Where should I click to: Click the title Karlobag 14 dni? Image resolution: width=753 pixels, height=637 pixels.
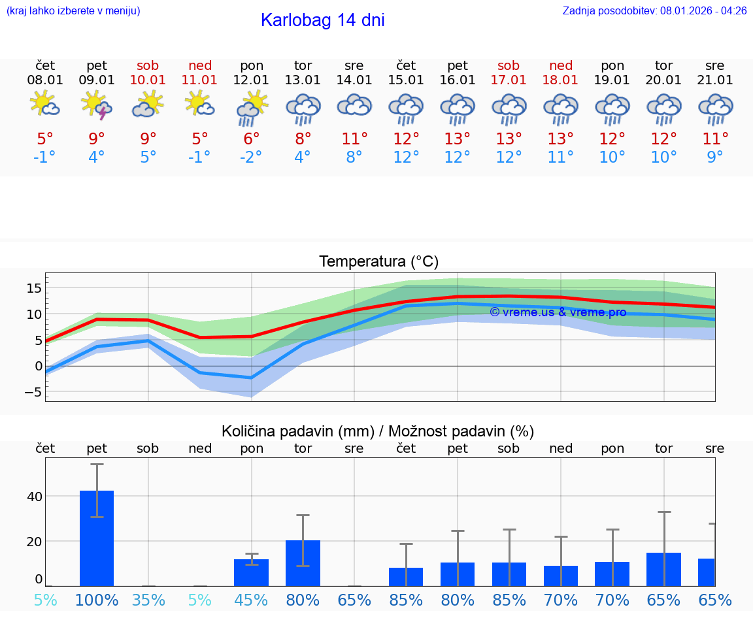pyautogui.click(x=322, y=20)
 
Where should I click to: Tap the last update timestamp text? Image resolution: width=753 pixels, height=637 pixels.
pyautogui.click(x=654, y=11)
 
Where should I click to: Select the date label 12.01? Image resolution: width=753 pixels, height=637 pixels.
pyautogui.click(x=251, y=80)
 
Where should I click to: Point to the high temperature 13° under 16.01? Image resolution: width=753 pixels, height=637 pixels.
pyautogui.click(x=458, y=139)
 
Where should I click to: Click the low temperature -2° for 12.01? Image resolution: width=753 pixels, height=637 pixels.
pyautogui.click(x=251, y=157)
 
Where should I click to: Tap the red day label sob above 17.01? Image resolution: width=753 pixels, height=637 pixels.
pyautogui.click(x=509, y=65)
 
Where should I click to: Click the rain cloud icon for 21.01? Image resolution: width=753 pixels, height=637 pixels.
pyautogui.click(x=715, y=108)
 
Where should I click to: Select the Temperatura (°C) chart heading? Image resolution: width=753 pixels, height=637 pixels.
pyautogui.click(x=378, y=262)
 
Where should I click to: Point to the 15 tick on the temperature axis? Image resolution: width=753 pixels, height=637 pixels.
pyautogui.click(x=34, y=288)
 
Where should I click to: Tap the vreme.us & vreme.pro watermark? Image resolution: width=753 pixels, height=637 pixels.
pyautogui.click(x=558, y=312)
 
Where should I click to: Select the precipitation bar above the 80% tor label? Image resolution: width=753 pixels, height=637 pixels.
pyautogui.click(x=303, y=563)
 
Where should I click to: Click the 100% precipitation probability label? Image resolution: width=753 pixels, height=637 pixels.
pyautogui.click(x=97, y=600)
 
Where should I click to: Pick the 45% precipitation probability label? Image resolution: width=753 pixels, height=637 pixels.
pyautogui.click(x=251, y=600)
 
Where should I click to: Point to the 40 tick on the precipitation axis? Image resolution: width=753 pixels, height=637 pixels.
pyautogui.click(x=34, y=497)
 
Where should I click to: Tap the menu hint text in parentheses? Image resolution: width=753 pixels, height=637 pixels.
pyautogui.click(x=73, y=11)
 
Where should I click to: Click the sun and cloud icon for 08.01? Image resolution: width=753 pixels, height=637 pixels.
pyautogui.click(x=45, y=104)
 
